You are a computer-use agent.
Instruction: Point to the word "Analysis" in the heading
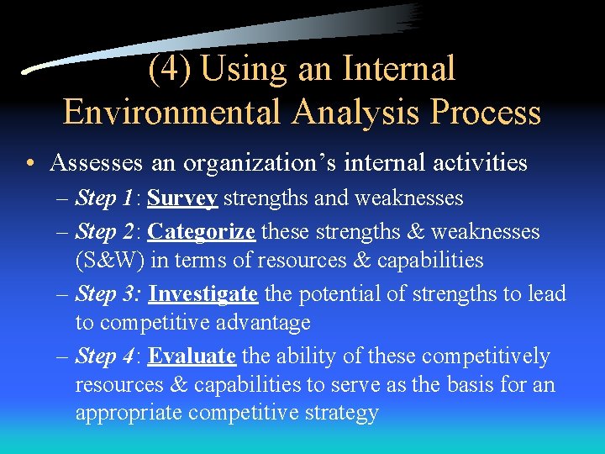coord(340,111)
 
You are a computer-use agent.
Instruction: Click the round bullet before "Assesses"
coord(30,163)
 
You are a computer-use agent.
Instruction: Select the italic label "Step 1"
coord(104,198)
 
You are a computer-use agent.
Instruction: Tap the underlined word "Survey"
coord(182,198)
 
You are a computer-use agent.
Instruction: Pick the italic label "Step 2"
coord(104,231)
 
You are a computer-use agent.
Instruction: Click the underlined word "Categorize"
coord(203,231)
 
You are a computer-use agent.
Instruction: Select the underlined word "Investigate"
coord(203,293)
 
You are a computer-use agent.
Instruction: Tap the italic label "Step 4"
coord(104,356)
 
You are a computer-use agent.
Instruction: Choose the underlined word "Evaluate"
coord(192,356)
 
